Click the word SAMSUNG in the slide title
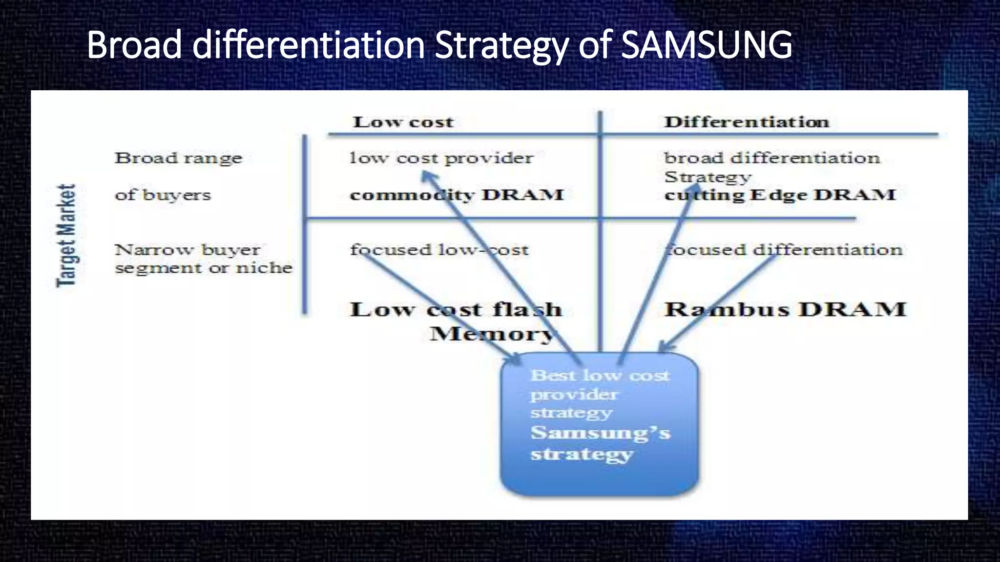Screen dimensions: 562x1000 click(x=707, y=45)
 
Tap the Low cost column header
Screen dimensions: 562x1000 click(x=403, y=122)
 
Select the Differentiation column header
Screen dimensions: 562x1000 click(x=747, y=122)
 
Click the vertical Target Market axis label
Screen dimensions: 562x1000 click(x=66, y=236)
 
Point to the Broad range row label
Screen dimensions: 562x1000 click(x=178, y=159)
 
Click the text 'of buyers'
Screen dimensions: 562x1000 click(x=163, y=195)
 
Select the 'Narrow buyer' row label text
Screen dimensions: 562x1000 click(x=187, y=250)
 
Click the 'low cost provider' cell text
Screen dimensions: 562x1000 click(x=441, y=159)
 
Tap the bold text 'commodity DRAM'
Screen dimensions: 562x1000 click(x=457, y=195)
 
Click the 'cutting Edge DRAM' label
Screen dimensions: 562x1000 click(x=780, y=195)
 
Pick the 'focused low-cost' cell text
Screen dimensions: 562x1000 click(x=439, y=250)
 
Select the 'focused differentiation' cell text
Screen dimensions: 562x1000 click(x=784, y=250)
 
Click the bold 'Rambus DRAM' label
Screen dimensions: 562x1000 click(x=785, y=310)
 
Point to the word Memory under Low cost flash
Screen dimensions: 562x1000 click(x=492, y=334)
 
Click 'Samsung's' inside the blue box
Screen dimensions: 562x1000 click(x=600, y=433)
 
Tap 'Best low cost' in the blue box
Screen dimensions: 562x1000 click(x=600, y=376)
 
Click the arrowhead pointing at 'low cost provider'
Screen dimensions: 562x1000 click(x=427, y=176)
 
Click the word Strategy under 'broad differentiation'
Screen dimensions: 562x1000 click(x=708, y=177)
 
